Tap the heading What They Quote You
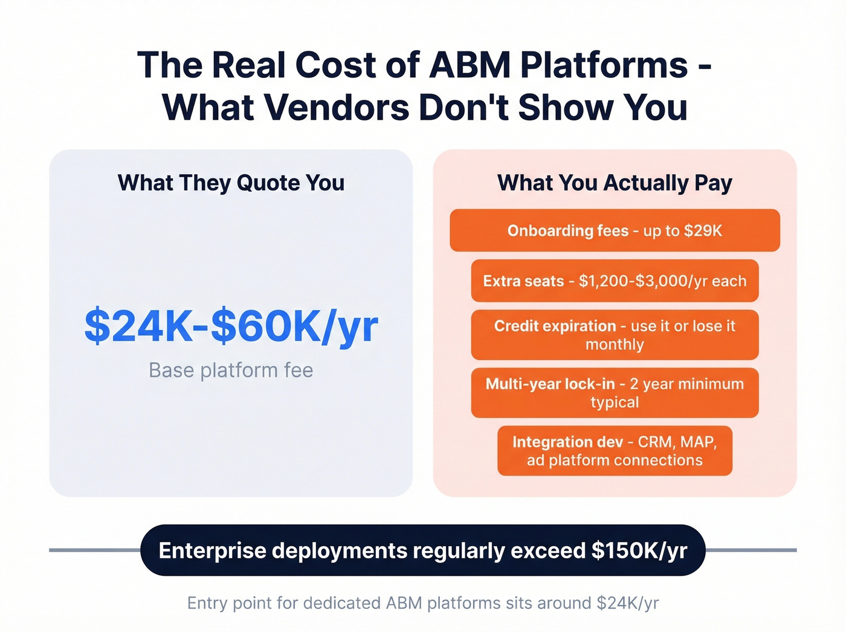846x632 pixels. (x=231, y=183)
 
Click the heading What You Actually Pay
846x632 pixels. (x=615, y=183)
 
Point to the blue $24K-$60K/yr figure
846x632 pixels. (x=231, y=327)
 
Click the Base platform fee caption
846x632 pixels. (x=231, y=370)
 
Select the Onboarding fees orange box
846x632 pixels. (x=615, y=230)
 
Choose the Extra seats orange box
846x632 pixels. (x=615, y=281)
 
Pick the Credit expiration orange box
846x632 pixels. (x=615, y=334)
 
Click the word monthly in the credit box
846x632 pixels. (x=615, y=345)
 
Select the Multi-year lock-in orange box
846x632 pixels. (x=615, y=393)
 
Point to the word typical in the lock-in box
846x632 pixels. (x=615, y=403)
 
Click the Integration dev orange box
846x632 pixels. (x=615, y=451)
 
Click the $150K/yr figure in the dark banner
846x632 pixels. (x=639, y=551)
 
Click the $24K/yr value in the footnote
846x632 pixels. (x=627, y=603)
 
